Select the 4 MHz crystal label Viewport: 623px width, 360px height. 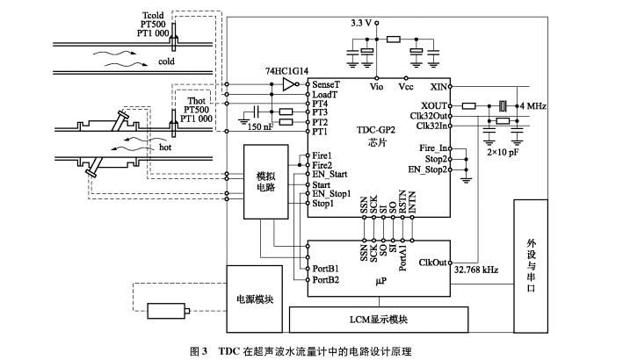click(537, 105)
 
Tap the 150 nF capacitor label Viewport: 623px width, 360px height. click(259, 127)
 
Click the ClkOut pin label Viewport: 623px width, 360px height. click(433, 263)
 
